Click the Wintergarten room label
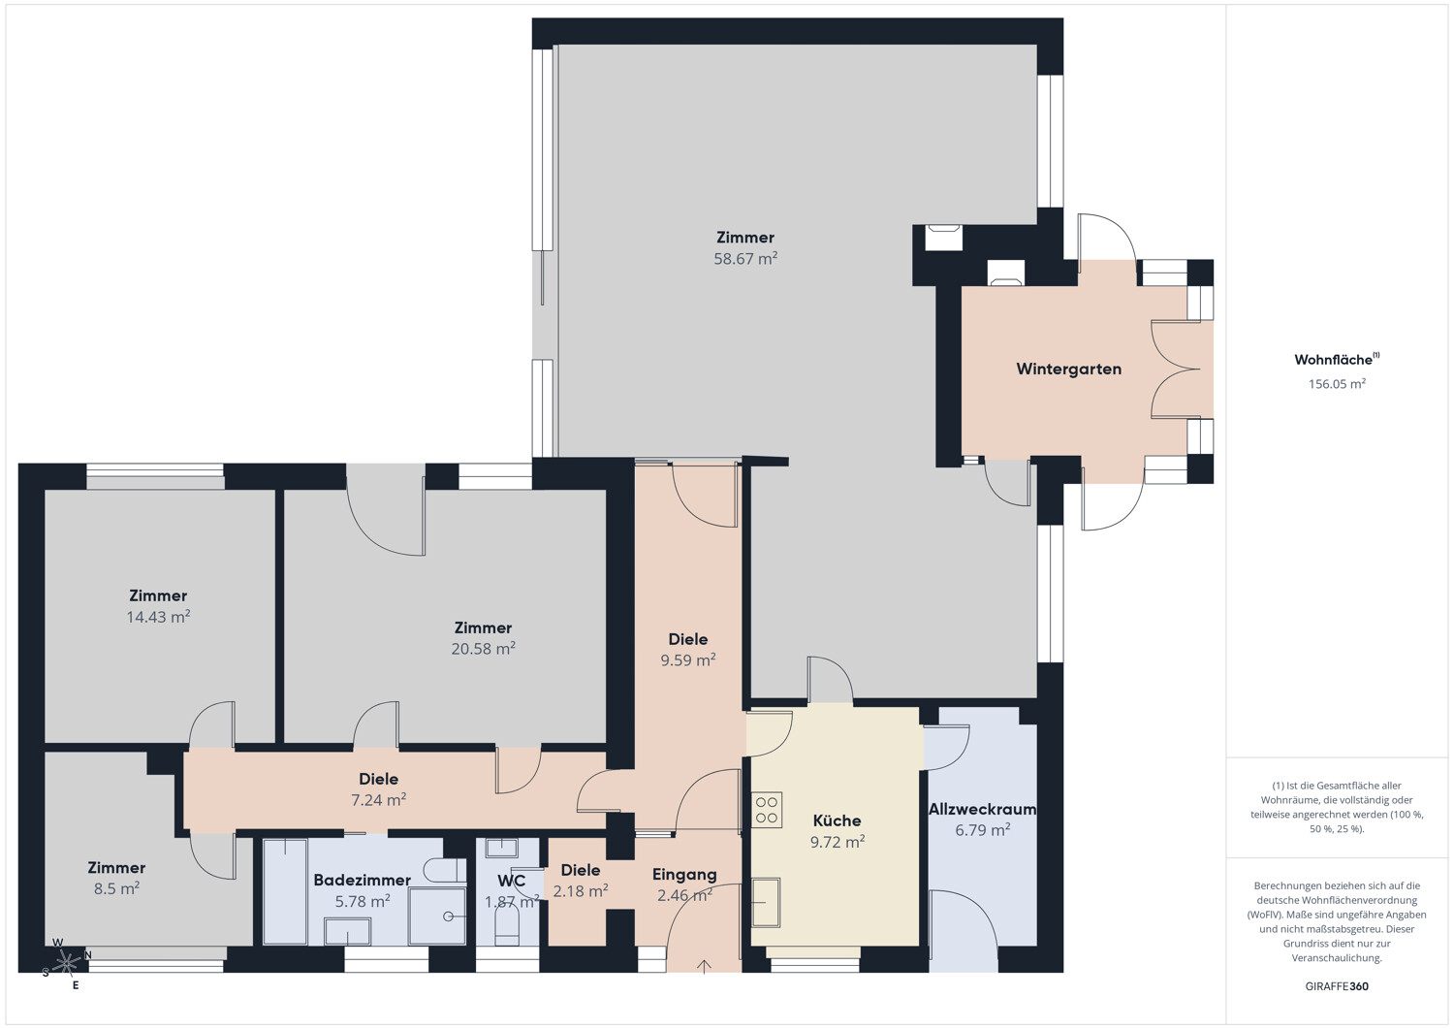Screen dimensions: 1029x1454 (x=1068, y=370)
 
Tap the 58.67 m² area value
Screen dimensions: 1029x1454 (x=745, y=259)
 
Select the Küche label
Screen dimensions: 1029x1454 (x=837, y=820)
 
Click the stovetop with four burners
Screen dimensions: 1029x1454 (x=767, y=810)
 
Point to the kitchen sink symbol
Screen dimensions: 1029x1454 (x=766, y=902)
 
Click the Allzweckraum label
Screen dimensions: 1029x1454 (x=982, y=809)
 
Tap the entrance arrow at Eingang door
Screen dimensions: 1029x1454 (x=704, y=966)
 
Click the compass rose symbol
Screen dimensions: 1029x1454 (x=66, y=963)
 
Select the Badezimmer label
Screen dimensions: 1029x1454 (x=362, y=881)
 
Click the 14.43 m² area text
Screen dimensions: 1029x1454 (x=158, y=617)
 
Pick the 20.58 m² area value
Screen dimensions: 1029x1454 (x=483, y=649)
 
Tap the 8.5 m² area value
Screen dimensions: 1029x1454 (x=116, y=888)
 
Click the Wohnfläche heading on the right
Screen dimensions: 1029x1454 (x=1334, y=360)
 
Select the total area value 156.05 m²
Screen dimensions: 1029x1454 (x=1337, y=384)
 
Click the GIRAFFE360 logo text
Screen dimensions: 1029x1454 (x=1337, y=986)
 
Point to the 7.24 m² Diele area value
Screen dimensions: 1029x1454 (x=378, y=800)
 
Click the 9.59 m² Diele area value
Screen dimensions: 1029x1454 (x=687, y=660)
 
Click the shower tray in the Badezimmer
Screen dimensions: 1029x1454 (x=436, y=916)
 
